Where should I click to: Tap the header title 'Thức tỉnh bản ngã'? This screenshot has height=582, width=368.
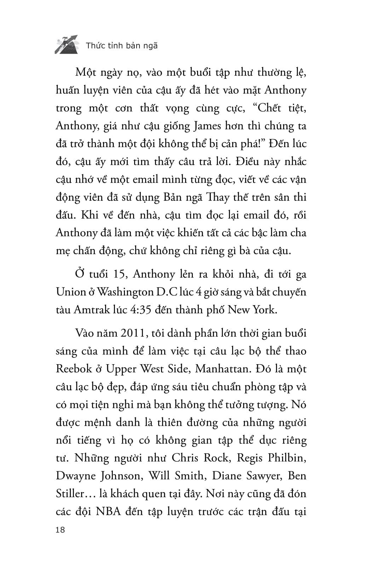point(122,46)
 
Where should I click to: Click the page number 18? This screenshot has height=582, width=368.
point(60,530)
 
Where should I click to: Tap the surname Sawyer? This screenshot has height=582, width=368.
point(260,476)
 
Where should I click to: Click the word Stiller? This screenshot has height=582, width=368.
point(69,494)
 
